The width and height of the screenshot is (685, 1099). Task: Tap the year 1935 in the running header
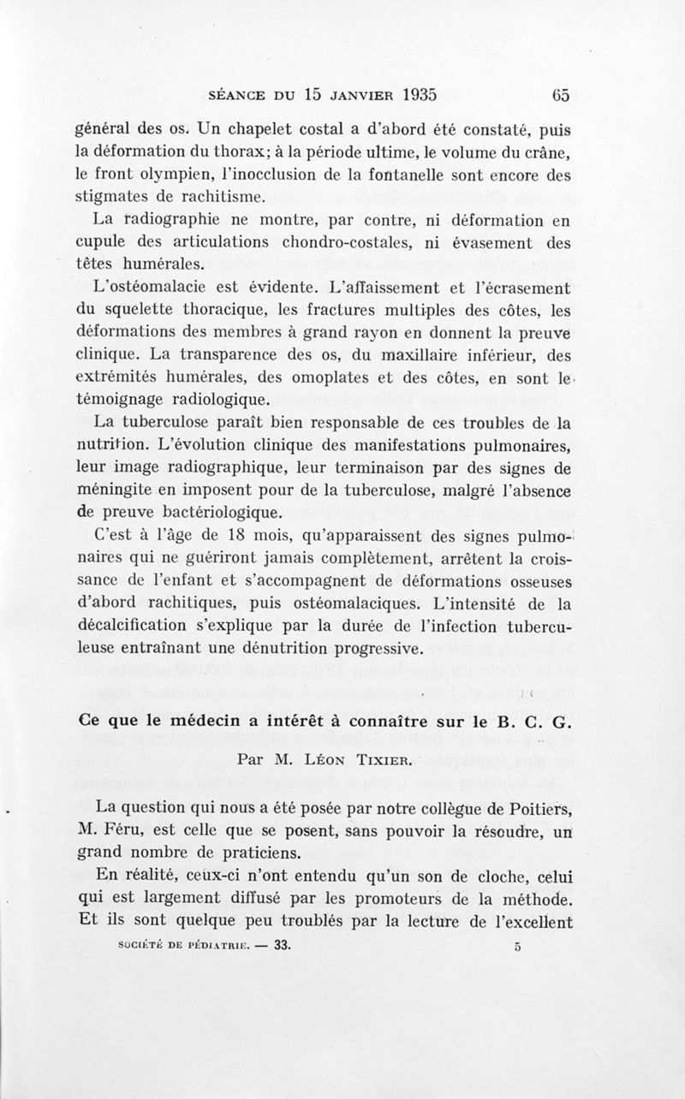tap(408, 94)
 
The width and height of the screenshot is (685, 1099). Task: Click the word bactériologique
tap(219, 514)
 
